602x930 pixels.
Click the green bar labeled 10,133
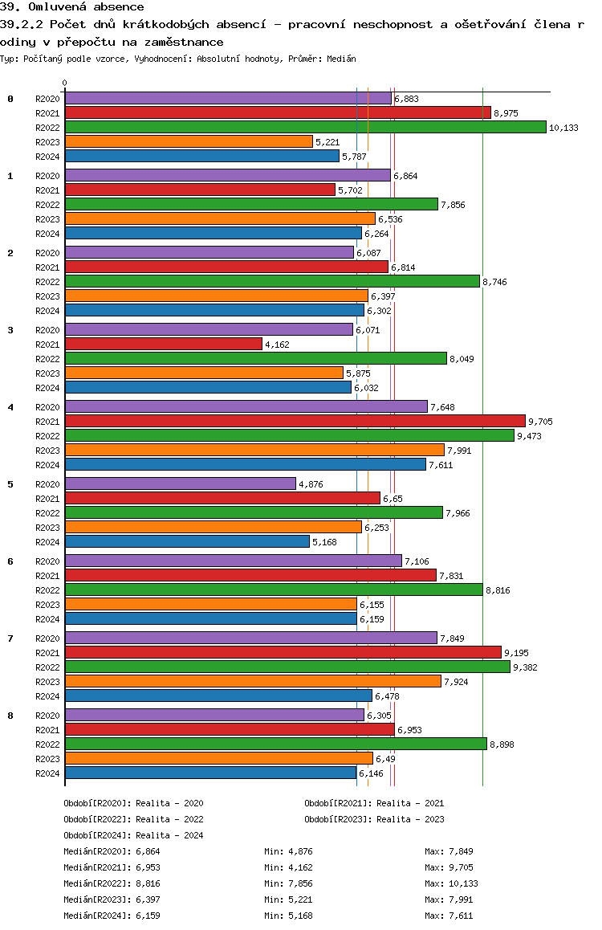coord(305,127)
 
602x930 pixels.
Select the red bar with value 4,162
coord(163,344)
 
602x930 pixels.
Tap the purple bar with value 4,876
coord(180,483)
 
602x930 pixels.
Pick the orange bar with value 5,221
coord(189,141)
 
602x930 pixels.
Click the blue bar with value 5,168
coord(187,541)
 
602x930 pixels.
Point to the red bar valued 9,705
coord(295,421)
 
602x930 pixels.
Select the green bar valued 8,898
coord(275,744)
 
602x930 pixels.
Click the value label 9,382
coord(527,667)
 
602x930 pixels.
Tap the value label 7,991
coord(461,451)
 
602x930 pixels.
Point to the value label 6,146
coord(372,773)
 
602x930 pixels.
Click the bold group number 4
coord(10,407)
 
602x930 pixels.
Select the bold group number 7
coord(10,638)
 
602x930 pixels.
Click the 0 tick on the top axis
coord(65,83)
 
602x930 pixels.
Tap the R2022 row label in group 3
coord(48,359)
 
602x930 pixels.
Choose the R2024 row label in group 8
coord(48,773)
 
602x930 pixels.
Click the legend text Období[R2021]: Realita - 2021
coord(374,803)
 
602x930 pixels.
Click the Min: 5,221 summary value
coord(291,899)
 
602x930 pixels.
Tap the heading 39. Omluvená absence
coord(72,7)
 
